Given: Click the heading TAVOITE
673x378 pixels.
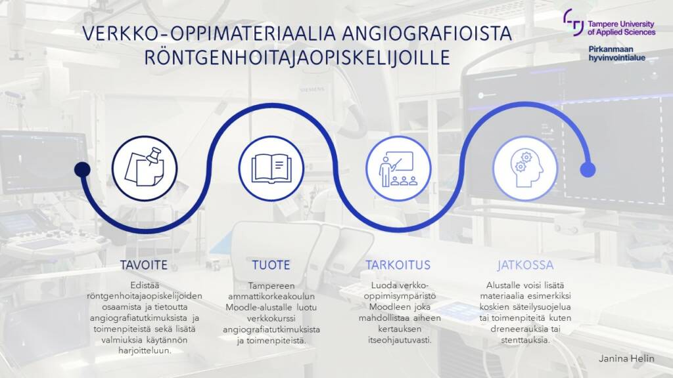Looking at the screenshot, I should coord(144,266).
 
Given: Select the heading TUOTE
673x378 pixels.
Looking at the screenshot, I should coord(271,266).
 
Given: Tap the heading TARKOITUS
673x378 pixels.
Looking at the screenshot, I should coord(398,266).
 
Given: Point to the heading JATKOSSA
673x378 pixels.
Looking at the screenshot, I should coord(524,266).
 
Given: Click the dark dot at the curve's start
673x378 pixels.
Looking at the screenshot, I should coord(81,170).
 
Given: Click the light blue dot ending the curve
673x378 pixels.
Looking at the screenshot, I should coord(588,170).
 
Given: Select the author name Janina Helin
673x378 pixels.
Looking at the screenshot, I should coord(626,359).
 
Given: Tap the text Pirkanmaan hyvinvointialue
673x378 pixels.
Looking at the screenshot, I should coord(616,53).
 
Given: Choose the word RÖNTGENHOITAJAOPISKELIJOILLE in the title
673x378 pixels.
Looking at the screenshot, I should coord(298,58).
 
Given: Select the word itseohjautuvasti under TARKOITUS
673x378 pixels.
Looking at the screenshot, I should coord(398,340).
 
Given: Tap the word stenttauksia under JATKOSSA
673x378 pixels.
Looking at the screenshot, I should coord(523,340).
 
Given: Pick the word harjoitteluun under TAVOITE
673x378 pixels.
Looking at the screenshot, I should coord(144,350).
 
